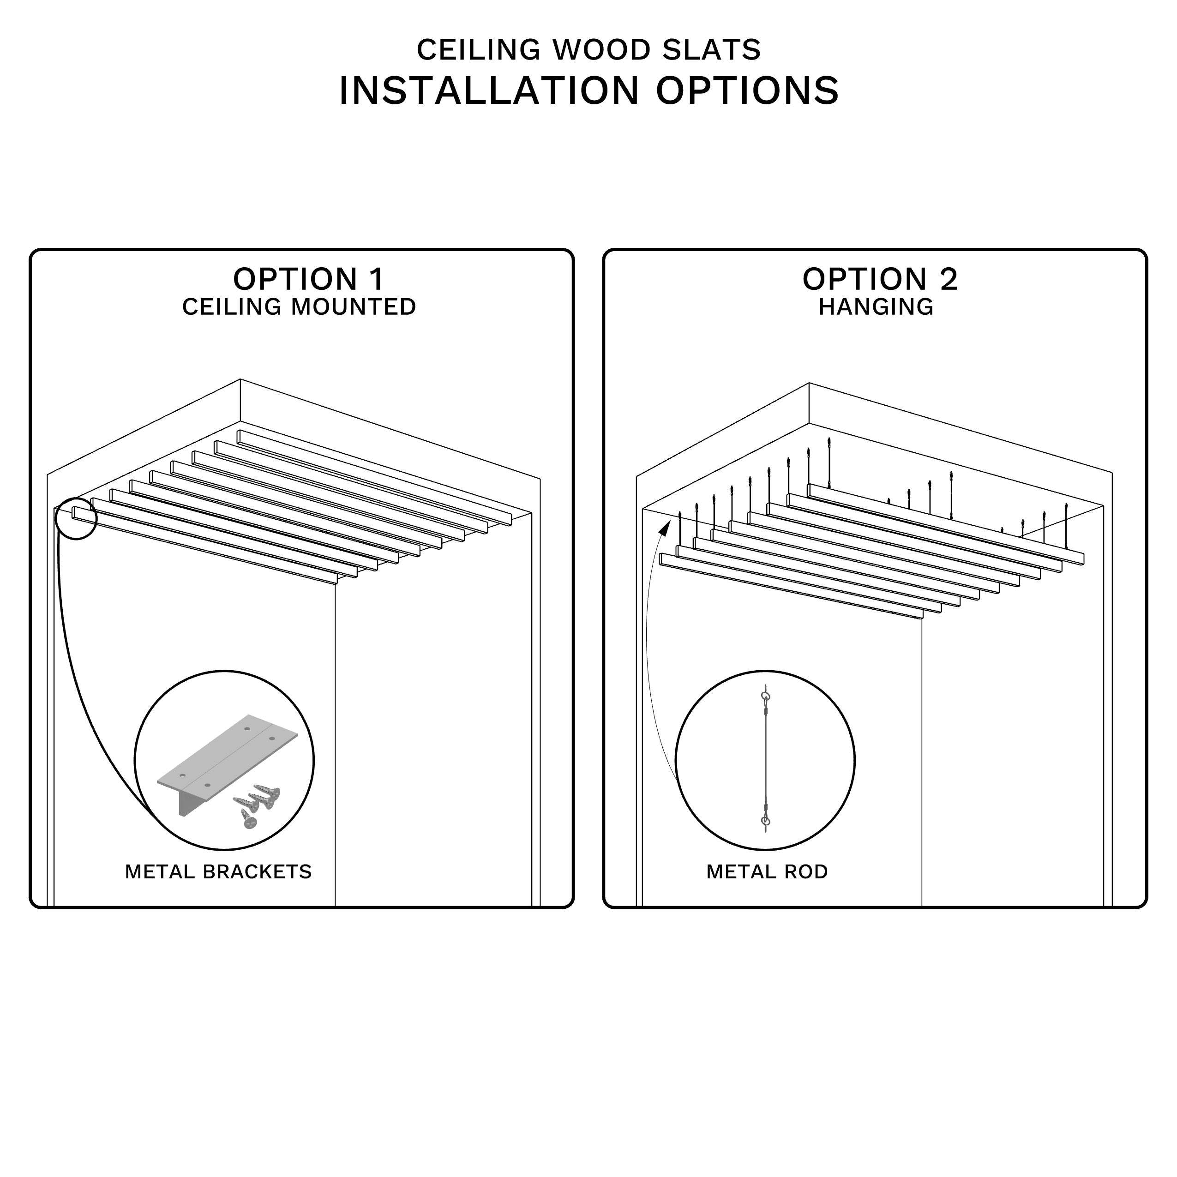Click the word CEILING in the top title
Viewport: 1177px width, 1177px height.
point(478,50)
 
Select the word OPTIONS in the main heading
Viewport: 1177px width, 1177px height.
point(747,91)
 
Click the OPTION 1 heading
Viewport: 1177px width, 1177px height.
point(308,280)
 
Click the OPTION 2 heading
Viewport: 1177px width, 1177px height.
point(880,280)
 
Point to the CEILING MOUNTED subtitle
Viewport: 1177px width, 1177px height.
point(299,307)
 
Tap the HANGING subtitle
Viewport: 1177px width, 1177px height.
point(876,307)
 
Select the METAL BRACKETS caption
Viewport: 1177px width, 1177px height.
point(218,872)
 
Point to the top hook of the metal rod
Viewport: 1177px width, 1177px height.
point(766,697)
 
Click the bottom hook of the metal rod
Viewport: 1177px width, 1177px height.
point(766,823)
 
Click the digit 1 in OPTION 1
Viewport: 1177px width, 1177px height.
point(377,280)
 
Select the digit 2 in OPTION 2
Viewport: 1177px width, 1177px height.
point(949,280)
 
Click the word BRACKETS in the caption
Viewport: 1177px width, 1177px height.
point(257,872)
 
